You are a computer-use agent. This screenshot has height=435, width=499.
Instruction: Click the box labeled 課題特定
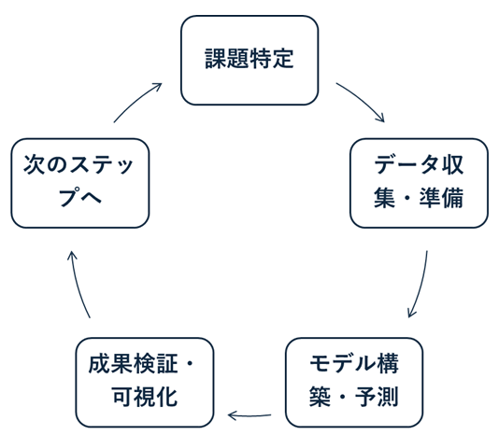pos(249,60)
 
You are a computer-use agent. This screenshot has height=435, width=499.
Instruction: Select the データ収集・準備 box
pos(419,183)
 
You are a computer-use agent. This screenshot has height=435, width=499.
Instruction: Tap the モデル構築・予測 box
pos(353,383)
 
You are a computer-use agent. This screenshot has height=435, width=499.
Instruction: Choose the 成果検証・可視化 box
pos(145,383)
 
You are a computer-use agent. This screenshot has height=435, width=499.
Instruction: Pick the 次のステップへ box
pos(80,183)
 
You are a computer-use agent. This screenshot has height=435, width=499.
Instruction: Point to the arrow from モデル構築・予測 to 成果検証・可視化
pos(249,414)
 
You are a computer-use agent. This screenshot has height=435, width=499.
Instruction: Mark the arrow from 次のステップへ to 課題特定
pos(136,102)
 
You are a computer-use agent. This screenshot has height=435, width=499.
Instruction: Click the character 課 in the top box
pos(216,60)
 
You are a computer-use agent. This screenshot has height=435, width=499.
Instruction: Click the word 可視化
pos(144,399)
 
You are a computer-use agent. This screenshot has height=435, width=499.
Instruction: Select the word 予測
pos(378,400)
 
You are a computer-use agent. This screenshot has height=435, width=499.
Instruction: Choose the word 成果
pos(110,366)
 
